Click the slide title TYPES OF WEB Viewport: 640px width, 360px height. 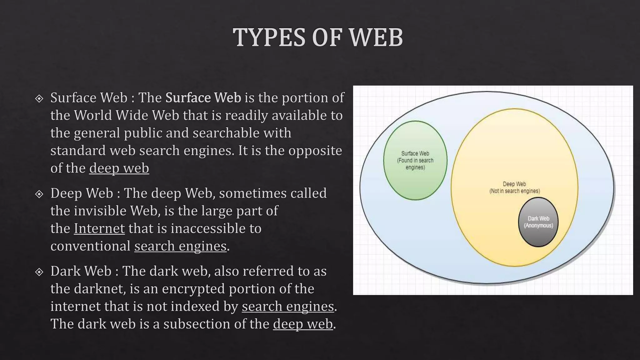(318, 37)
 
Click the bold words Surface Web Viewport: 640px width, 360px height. (203, 98)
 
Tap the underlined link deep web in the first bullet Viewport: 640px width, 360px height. (119, 168)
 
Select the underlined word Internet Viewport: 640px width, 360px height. (99, 228)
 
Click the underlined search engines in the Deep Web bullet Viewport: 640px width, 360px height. (180, 246)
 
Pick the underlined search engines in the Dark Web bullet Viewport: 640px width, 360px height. (288, 306)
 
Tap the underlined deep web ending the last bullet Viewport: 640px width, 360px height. (303, 324)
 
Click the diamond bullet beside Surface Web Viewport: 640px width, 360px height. (39, 99)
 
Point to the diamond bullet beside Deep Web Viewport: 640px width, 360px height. (39, 194)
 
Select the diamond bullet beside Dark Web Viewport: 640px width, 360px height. (39, 272)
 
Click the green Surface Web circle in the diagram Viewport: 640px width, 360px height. (415, 181)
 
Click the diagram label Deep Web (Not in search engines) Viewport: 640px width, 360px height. (514, 187)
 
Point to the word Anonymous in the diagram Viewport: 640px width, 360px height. (538, 226)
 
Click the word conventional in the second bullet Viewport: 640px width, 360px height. (90, 246)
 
